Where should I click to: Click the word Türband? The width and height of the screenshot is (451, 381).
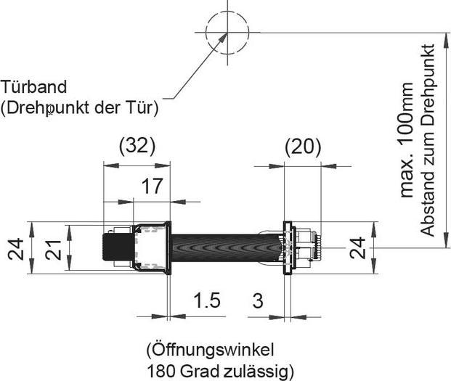click(34, 87)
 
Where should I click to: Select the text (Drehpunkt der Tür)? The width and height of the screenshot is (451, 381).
click(79, 107)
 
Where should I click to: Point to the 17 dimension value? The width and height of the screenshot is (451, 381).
click(151, 186)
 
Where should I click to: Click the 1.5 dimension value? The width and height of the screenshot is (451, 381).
click(208, 300)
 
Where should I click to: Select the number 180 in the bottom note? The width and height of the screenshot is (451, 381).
click(162, 371)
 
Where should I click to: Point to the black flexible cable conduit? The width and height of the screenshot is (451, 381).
click(225, 248)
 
